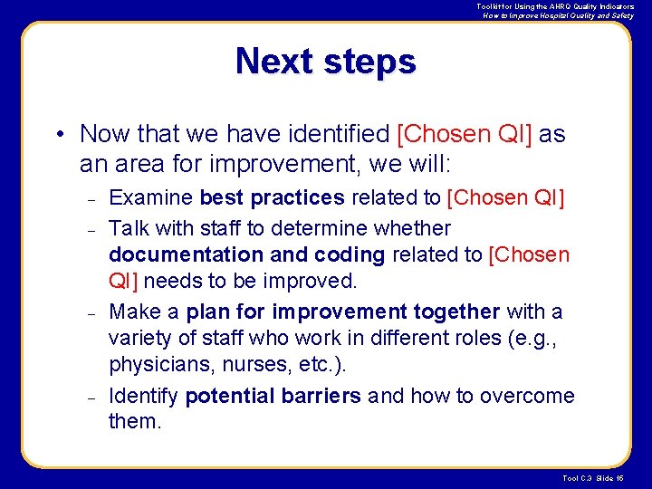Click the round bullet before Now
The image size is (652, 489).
pyautogui.click(x=58, y=135)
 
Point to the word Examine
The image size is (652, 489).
pyautogui.click(x=150, y=197)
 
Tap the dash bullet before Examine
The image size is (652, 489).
pyautogui.click(x=90, y=198)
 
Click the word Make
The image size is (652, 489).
pyautogui.click(x=135, y=312)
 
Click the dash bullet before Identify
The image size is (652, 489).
pyautogui.click(x=90, y=397)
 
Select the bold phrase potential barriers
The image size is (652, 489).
pyautogui.click(x=273, y=396)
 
